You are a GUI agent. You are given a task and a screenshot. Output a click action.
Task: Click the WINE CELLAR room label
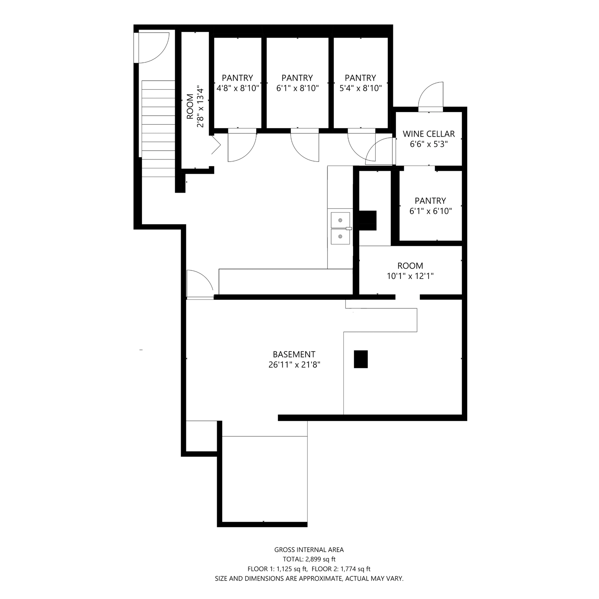point(429,134)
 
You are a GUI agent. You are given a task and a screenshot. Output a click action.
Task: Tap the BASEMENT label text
point(294,354)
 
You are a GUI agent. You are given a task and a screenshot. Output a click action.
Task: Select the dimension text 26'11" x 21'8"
point(294,365)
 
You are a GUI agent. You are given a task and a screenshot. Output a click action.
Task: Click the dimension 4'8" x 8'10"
point(238,88)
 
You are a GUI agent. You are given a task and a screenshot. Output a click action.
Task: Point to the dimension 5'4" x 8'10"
point(360,88)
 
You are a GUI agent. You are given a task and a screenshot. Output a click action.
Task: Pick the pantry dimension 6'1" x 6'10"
point(431,211)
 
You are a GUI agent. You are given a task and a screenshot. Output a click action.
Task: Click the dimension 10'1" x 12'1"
point(410,276)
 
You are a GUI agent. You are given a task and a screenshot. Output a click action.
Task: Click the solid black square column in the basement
point(361,359)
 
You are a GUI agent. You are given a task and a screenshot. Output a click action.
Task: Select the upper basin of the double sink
point(340,220)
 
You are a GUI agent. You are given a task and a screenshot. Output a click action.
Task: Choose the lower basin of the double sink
point(340,237)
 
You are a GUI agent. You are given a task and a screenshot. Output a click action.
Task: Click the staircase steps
point(159,129)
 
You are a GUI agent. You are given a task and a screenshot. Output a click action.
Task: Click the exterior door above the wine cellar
point(431,96)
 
